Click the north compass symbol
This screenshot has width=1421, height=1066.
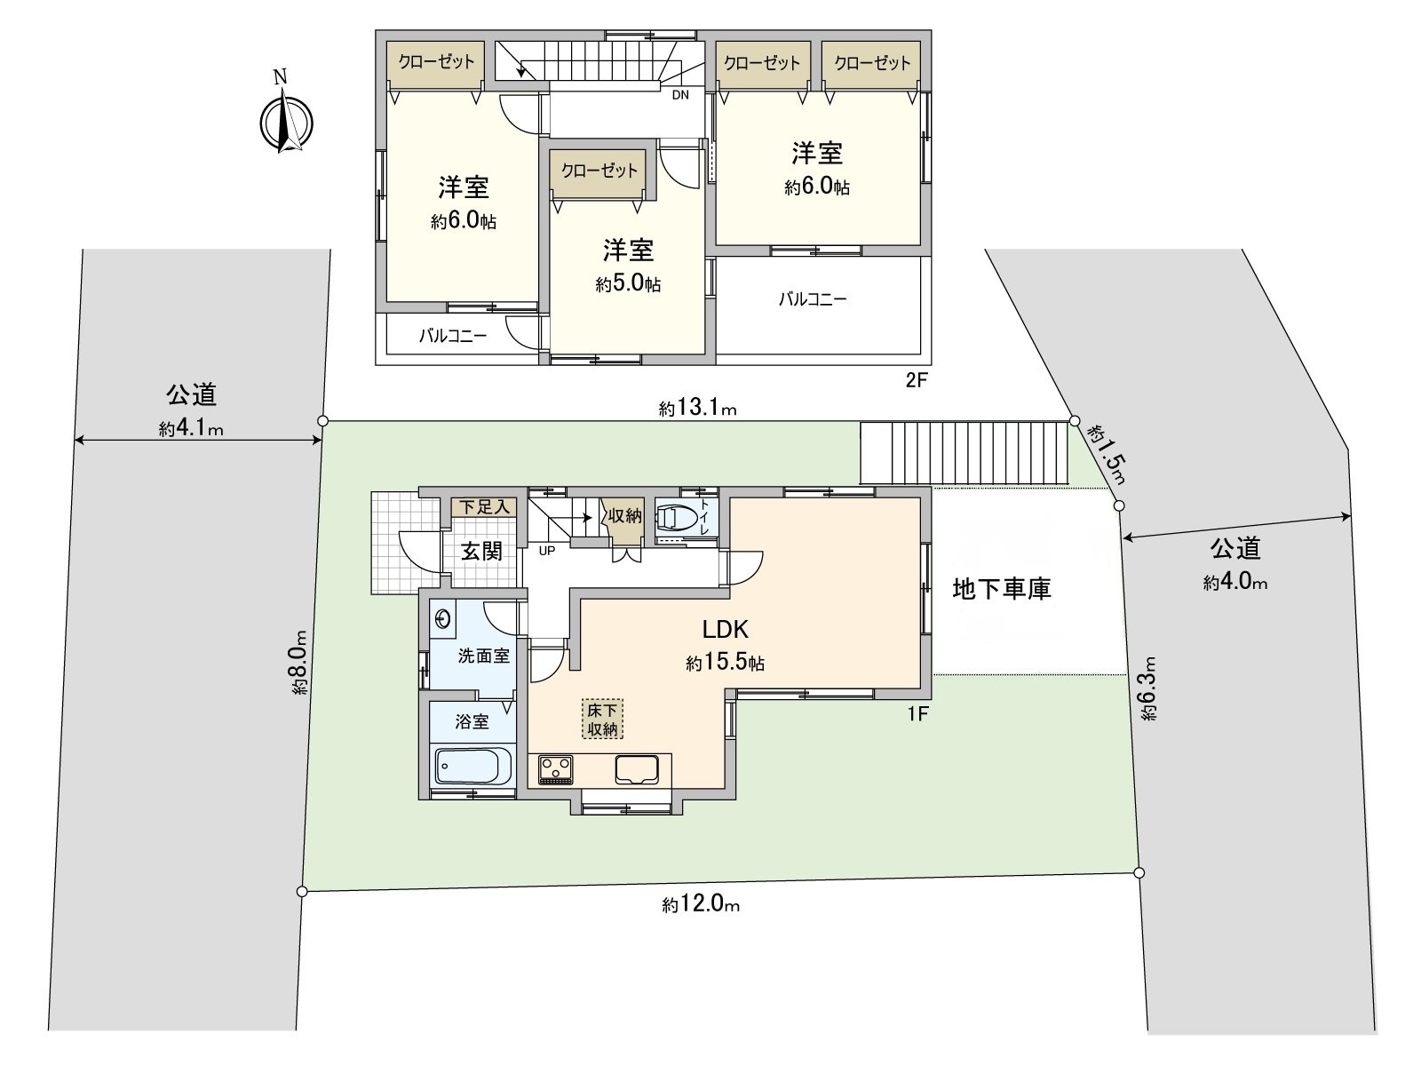[284, 121]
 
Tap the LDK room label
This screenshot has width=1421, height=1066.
[726, 630]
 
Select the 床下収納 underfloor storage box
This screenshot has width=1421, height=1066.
[603, 720]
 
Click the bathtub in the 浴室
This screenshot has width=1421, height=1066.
[473, 765]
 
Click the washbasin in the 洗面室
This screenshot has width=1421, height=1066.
[443, 618]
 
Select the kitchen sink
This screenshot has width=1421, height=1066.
[636, 768]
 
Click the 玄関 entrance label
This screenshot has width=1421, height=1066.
[482, 552]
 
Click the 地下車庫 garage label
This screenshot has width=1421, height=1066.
[1002, 588]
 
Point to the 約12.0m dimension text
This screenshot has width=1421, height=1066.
[701, 905]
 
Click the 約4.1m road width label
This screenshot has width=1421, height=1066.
[191, 429]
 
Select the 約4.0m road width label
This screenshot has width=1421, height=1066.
[1235, 583]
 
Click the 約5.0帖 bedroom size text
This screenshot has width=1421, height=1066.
[628, 284]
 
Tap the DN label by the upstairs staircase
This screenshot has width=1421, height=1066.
[680, 95]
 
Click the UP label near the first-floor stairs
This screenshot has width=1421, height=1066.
[546, 551]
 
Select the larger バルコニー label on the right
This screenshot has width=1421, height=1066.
[813, 299]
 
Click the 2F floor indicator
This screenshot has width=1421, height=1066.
[916, 381]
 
